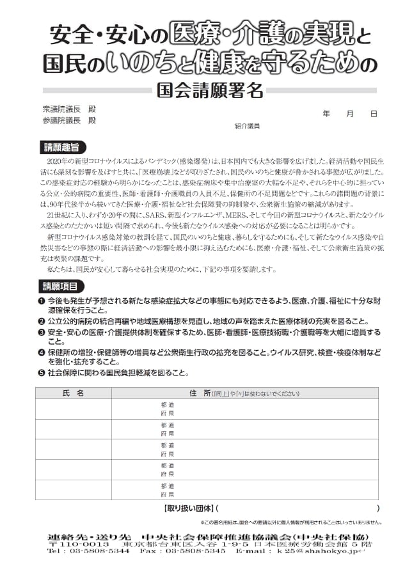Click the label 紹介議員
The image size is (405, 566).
[x=247, y=126]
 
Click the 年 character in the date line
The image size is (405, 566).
[x=326, y=114]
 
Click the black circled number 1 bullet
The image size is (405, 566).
[x=41, y=301]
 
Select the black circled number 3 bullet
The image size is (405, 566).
[x=41, y=333]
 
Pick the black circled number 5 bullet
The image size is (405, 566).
[x=41, y=372]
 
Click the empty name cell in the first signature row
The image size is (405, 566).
[x=74, y=409]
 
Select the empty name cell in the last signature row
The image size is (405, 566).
[x=74, y=490]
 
